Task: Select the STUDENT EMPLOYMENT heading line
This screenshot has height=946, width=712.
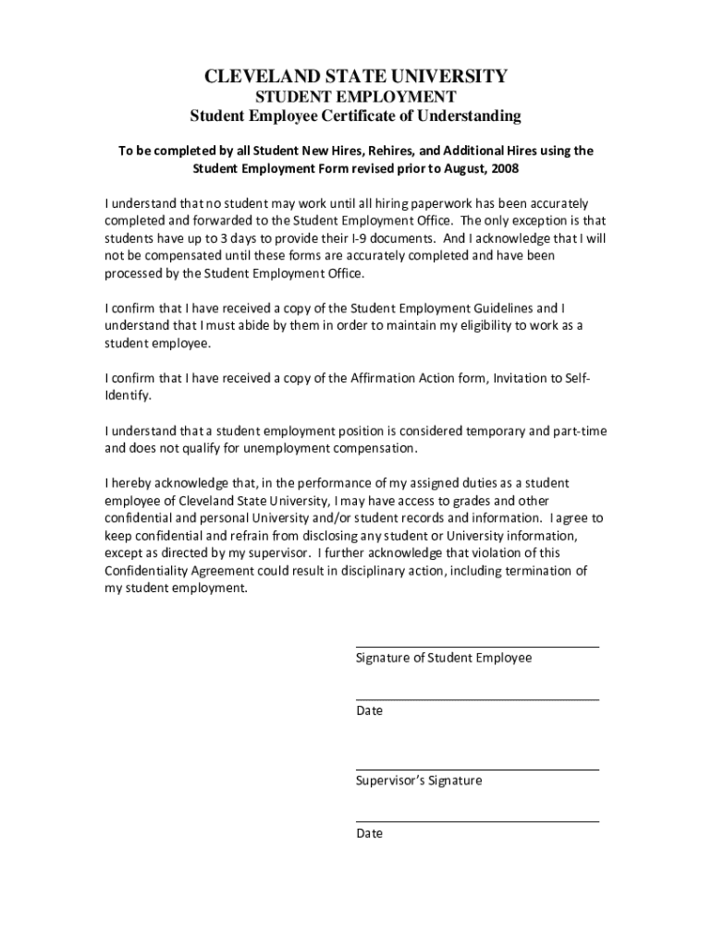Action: pos(355,97)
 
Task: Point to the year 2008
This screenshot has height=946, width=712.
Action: pos(503,169)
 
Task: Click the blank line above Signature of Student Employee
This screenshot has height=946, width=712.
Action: pos(477,647)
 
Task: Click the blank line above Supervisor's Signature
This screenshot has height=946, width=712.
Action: pos(477,769)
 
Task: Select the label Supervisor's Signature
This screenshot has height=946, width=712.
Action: pos(419,781)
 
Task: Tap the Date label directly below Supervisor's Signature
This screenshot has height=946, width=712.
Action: pos(369,833)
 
